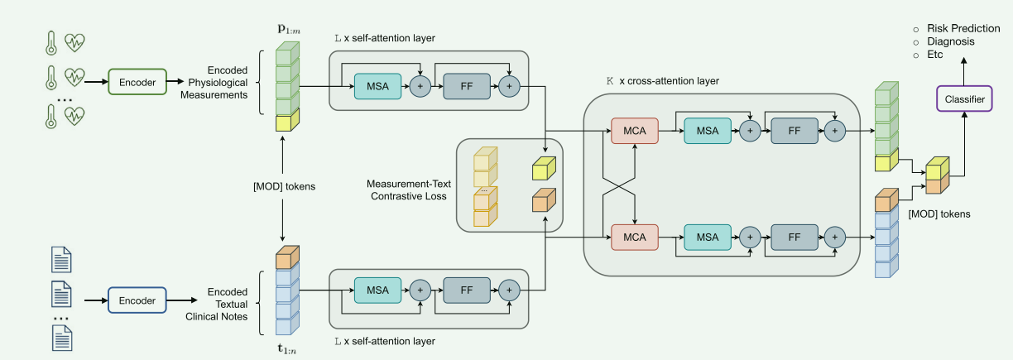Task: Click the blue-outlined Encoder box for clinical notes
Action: [x=137, y=300]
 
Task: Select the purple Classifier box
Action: [x=965, y=100]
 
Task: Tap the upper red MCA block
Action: [x=634, y=130]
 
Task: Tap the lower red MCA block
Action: [x=634, y=237]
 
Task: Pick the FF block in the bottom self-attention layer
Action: [x=466, y=290]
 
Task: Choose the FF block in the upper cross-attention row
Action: [x=794, y=130]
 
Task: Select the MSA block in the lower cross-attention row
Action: [x=708, y=237]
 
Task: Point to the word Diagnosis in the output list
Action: [x=950, y=41]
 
